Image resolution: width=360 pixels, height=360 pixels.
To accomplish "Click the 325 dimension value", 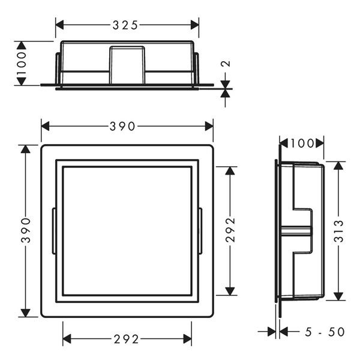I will (127, 25).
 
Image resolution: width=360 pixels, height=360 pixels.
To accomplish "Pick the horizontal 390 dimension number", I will (127, 126).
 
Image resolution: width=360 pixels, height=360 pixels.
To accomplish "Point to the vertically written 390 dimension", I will (25, 230).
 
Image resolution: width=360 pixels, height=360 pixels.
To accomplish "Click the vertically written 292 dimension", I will (230, 230).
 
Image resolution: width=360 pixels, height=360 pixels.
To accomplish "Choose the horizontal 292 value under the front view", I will (127, 339).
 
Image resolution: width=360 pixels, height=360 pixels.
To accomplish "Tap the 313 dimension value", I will (339, 230).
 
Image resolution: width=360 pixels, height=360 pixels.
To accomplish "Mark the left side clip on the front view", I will (54, 230).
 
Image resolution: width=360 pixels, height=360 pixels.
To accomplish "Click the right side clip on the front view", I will (200, 230).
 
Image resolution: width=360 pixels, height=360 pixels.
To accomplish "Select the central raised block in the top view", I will (127, 65).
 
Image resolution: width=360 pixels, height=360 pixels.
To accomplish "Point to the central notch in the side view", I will (302, 230).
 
